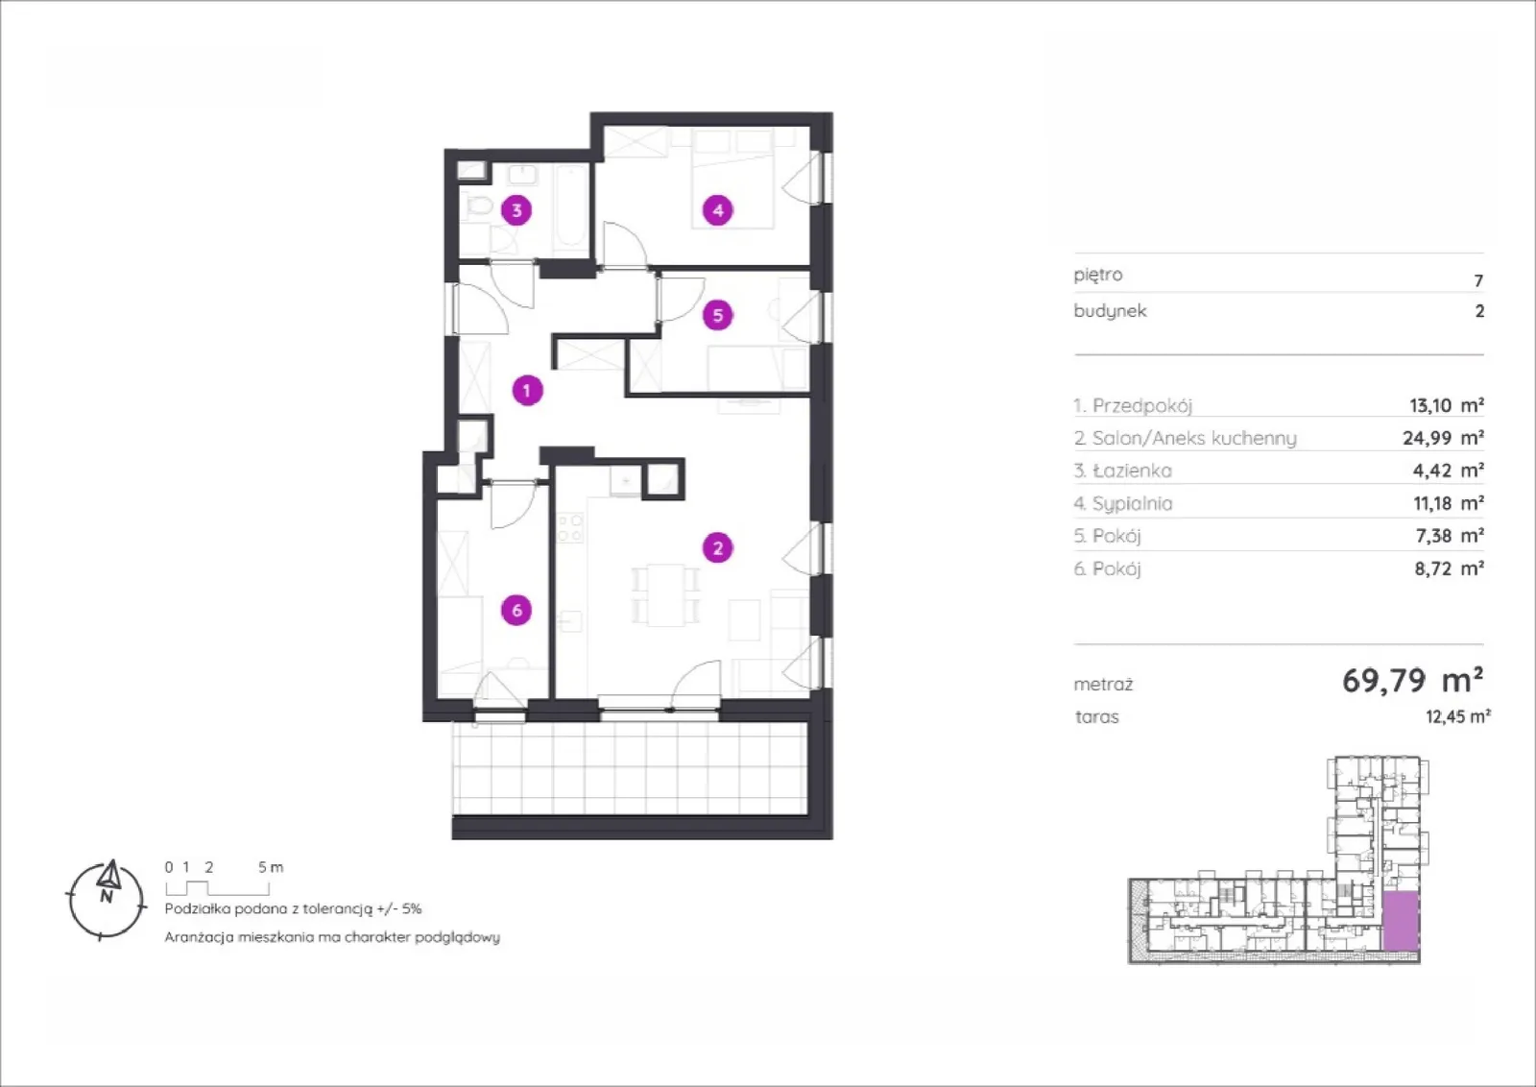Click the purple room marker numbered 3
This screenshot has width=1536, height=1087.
(516, 210)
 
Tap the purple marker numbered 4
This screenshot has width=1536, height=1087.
(718, 210)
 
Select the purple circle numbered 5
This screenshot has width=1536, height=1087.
(718, 315)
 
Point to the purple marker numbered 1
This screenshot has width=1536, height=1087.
(527, 390)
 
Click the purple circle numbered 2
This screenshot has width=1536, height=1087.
(718, 547)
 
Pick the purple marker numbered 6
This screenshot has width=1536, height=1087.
(516, 610)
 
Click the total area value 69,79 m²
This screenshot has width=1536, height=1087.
(1412, 680)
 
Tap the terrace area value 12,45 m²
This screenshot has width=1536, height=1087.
(1458, 716)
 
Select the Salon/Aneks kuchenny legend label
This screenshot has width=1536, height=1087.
(1186, 438)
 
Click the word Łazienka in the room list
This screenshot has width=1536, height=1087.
(1132, 471)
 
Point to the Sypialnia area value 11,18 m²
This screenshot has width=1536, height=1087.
(1449, 503)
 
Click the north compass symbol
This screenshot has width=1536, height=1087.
(107, 899)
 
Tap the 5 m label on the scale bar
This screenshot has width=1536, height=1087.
(271, 867)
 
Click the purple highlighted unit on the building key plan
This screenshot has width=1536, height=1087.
(1401, 920)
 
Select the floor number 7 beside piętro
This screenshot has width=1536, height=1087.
(1478, 280)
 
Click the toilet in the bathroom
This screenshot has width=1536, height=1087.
(478, 205)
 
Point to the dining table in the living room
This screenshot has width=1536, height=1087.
(665, 594)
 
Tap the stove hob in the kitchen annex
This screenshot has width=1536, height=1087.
(570, 528)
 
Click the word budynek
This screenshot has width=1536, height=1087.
(1110, 311)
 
